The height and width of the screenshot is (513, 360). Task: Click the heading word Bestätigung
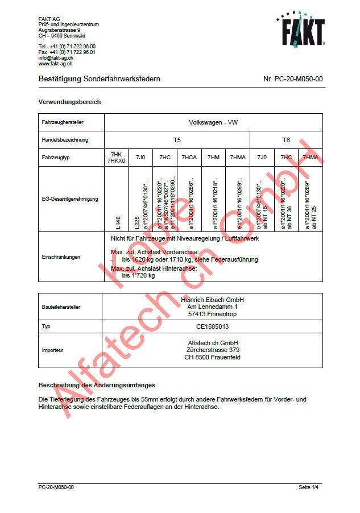(60, 79)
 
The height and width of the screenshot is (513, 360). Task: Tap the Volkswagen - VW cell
(213, 122)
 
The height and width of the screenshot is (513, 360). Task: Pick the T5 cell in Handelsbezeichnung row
(177, 139)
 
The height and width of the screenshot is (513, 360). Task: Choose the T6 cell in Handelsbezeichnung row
(286, 139)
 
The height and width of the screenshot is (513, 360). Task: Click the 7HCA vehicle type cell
(189, 156)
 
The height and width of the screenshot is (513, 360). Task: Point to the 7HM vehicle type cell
(213, 156)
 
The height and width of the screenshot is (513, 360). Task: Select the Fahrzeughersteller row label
(62, 122)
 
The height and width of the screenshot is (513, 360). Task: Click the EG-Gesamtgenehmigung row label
(62, 199)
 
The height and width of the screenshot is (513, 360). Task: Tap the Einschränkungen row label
(61, 256)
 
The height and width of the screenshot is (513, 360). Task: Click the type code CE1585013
(212, 327)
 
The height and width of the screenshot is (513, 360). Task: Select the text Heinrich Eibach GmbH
(212, 300)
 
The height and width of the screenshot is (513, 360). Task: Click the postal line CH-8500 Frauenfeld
(212, 358)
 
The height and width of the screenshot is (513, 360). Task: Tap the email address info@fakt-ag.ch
(56, 58)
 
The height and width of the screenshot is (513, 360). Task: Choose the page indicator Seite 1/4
(309, 487)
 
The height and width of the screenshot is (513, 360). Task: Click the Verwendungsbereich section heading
(69, 102)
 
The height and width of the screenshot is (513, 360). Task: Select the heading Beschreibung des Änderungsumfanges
(97, 386)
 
